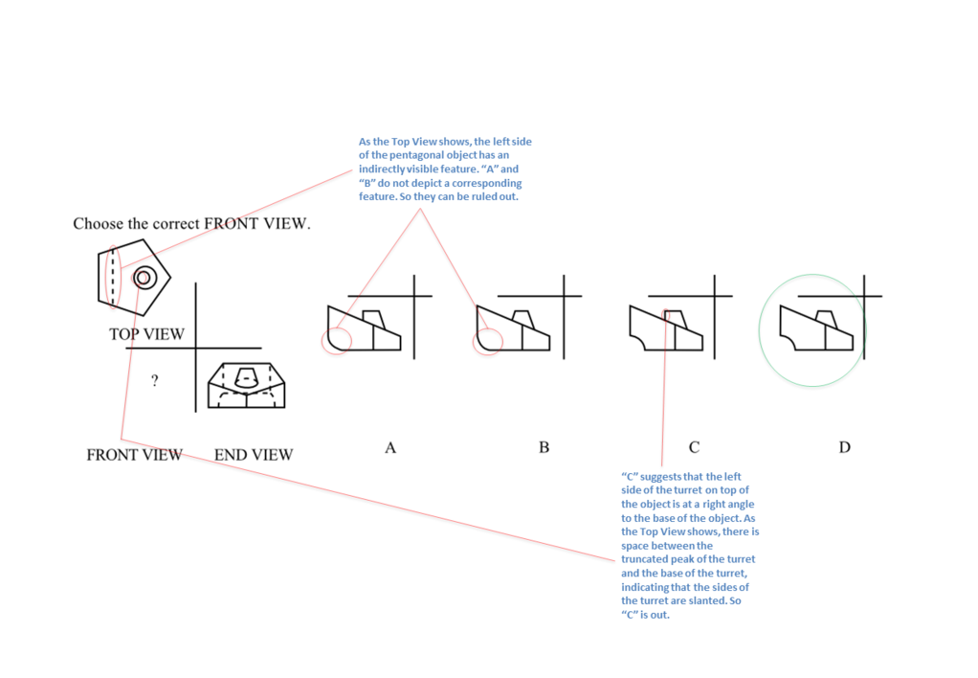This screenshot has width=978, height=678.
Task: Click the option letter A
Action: [390, 447]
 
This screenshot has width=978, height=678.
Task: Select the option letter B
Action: [544, 447]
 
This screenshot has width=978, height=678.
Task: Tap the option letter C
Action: [694, 447]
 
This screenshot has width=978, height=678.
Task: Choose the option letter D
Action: [844, 447]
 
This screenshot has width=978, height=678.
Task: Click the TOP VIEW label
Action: [146, 334]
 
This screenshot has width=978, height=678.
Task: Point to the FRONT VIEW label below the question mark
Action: [134, 455]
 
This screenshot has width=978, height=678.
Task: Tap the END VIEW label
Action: [254, 455]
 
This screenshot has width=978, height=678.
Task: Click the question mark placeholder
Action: [154, 381]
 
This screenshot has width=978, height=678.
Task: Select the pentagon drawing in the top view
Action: [133, 275]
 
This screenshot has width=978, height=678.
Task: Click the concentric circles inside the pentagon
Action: [144, 278]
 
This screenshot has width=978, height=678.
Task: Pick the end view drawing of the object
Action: [246, 386]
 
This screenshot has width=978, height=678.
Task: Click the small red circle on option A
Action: [336, 339]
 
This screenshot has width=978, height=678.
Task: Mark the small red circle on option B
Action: [488, 340]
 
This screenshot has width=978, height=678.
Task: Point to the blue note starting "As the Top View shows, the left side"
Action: [445, 169]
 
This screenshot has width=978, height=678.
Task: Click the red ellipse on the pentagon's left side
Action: [114, 277]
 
